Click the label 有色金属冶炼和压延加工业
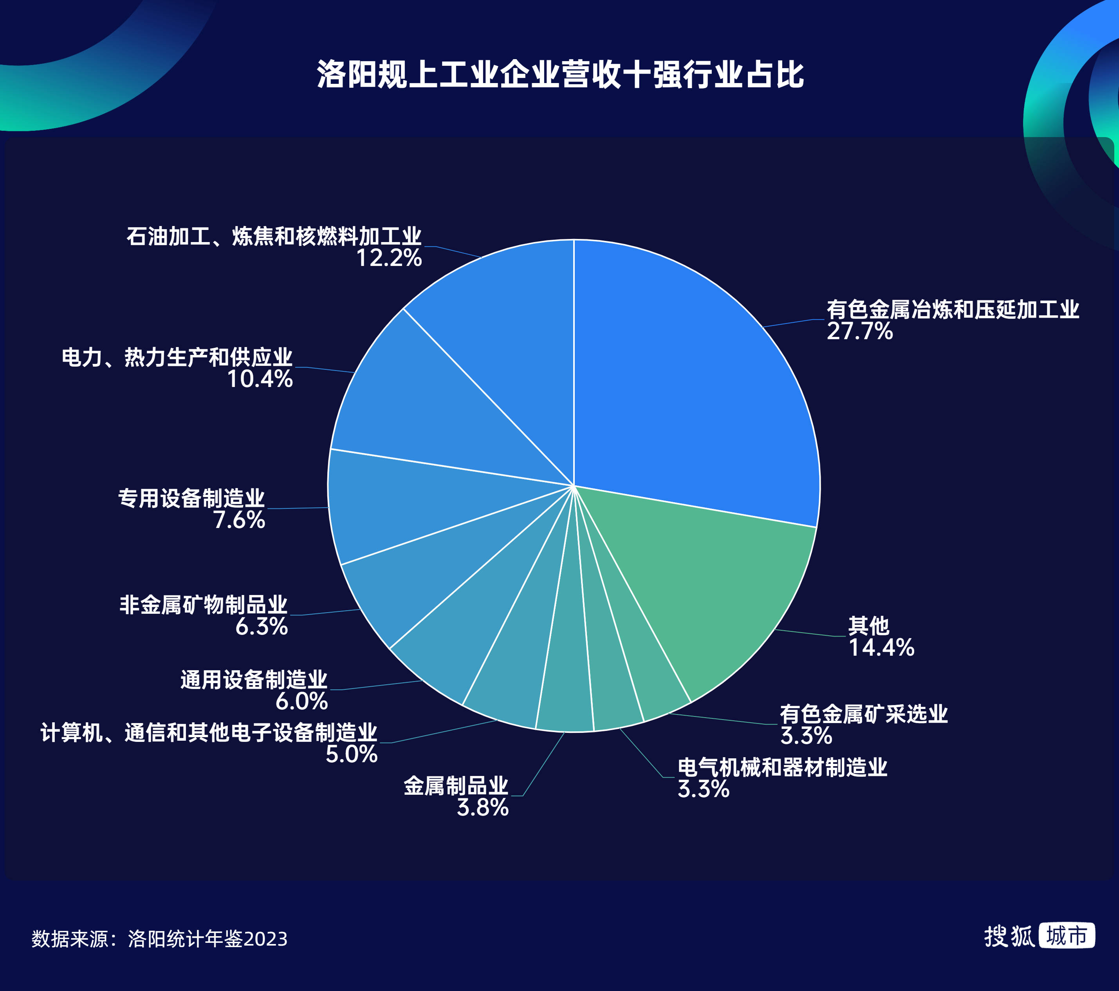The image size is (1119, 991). coord(953,309)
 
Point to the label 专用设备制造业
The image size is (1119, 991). coord(191,499)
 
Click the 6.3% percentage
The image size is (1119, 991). coord(262,627)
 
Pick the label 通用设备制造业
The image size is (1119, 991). coord(254,680)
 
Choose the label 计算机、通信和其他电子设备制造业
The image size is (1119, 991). coord(209,733)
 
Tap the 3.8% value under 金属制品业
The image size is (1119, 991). coord(483,807)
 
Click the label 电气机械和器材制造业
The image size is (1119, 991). coord(782,767)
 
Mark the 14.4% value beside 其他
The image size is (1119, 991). coord(881,647)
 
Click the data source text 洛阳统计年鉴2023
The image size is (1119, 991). coord(208,939)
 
